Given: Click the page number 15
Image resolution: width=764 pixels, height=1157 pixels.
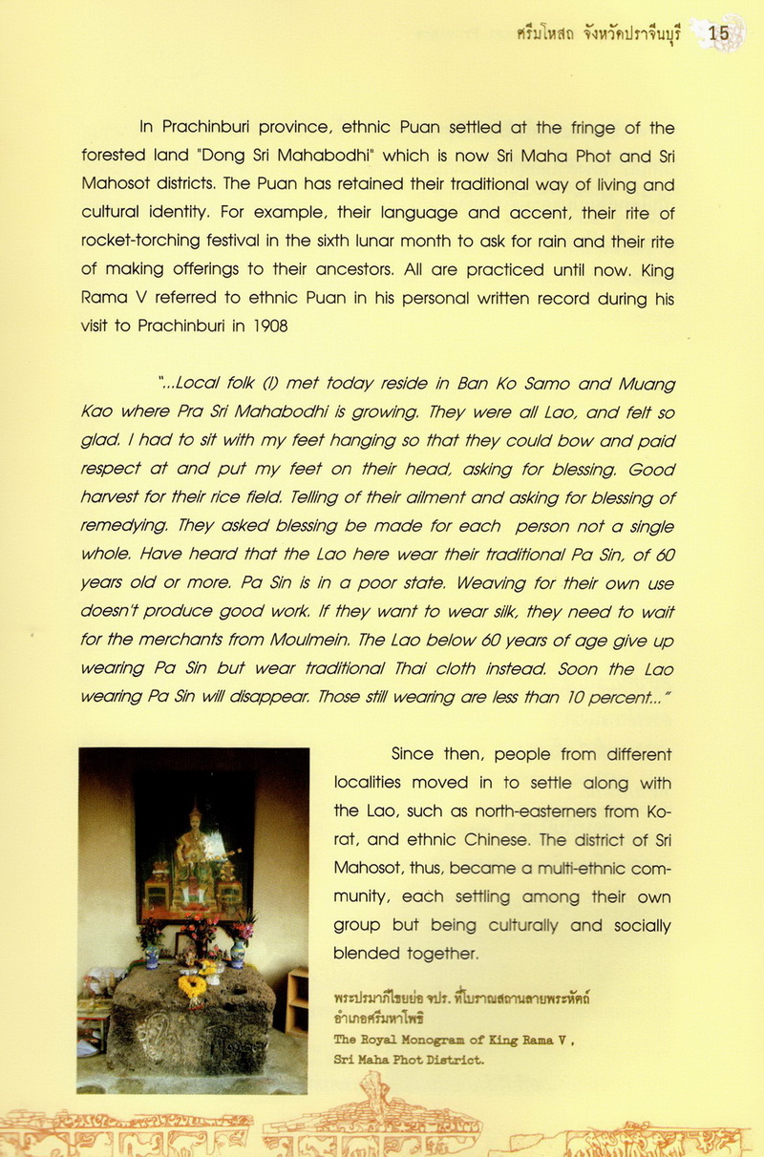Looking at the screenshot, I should click(x=718, y=33).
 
